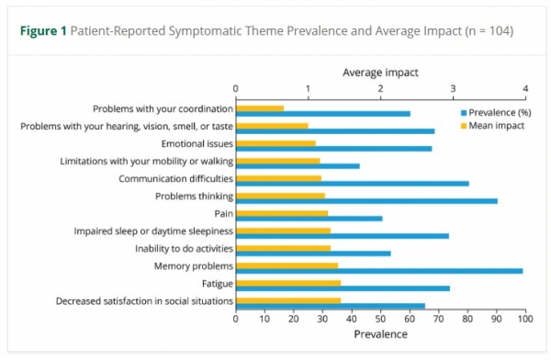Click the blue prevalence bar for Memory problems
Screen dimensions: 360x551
pos(379,271)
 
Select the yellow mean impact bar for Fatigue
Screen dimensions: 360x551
pos(288,283)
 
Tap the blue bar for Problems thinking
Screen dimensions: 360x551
pos(366,200)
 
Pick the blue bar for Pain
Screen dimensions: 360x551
pos(309,219)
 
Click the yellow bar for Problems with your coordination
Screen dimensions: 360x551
pos(260,108)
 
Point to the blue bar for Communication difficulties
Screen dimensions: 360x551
pos(353,183)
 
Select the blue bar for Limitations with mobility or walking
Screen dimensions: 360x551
pos(298,165)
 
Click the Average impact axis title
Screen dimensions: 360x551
pos(380,72)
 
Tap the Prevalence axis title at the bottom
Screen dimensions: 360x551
pos(380,334)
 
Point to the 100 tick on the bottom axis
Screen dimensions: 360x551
pos(524,320)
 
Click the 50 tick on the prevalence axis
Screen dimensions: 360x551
pos(381,320)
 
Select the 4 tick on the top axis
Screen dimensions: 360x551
pos(524,89)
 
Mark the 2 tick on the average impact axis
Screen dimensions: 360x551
pos(381,89)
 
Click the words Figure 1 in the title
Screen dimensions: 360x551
pos(43,31)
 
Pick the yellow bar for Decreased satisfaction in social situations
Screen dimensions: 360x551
pos(288,300)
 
